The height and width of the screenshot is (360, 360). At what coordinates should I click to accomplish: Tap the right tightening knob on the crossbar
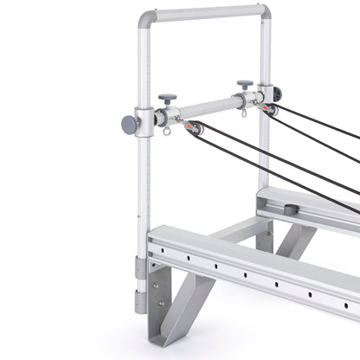(245, 86)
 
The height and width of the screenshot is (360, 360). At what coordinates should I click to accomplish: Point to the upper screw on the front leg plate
(156, 282)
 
